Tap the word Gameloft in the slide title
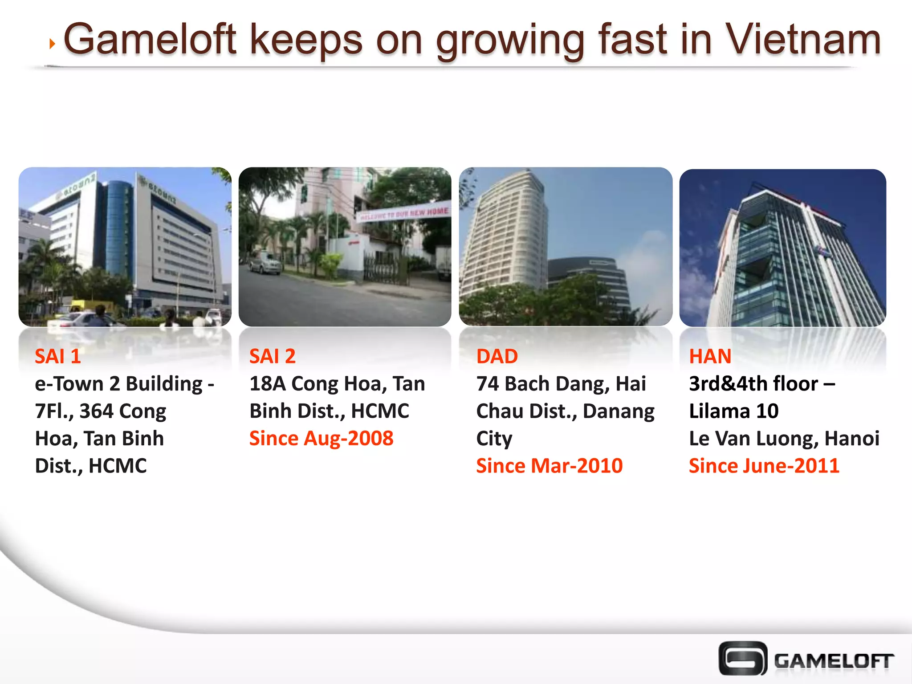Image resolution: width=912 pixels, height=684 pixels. (x=150, y=40)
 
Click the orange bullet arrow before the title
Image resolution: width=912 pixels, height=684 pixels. (x=53, y=44)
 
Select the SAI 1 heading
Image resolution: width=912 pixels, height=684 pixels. (x=58, y=356)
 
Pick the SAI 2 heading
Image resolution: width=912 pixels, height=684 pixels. (x=272, y=356)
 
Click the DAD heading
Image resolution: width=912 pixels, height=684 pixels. (x=497, y=356)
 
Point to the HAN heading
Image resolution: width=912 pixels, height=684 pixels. (x=710, y=356)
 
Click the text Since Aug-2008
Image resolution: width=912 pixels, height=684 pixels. (x=321, y=438)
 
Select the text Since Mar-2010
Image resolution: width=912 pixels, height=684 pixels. (x=549, y=466)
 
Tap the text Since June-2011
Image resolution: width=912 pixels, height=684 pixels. (x=764, y=466)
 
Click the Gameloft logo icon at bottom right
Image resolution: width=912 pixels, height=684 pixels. (x=742, y=658)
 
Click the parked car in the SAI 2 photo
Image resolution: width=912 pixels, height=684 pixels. (x=265, y=264)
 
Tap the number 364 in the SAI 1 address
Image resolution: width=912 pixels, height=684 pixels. (x=96, y=411)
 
